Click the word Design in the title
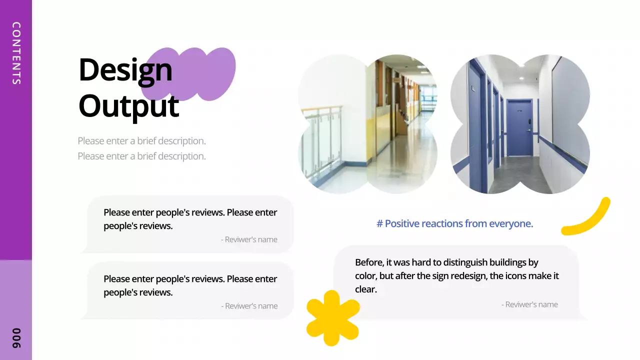[125, 70]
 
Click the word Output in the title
[128, 106]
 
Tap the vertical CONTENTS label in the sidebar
[16, 53]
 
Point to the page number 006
[16, 338]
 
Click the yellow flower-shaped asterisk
[332, 317]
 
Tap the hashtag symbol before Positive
[379, 224]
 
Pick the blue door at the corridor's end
[520, 127]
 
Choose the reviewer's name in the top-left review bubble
[249, 239]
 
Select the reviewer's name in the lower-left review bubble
[249, 306]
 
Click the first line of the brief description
[141, 141]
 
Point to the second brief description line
[141, 156]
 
